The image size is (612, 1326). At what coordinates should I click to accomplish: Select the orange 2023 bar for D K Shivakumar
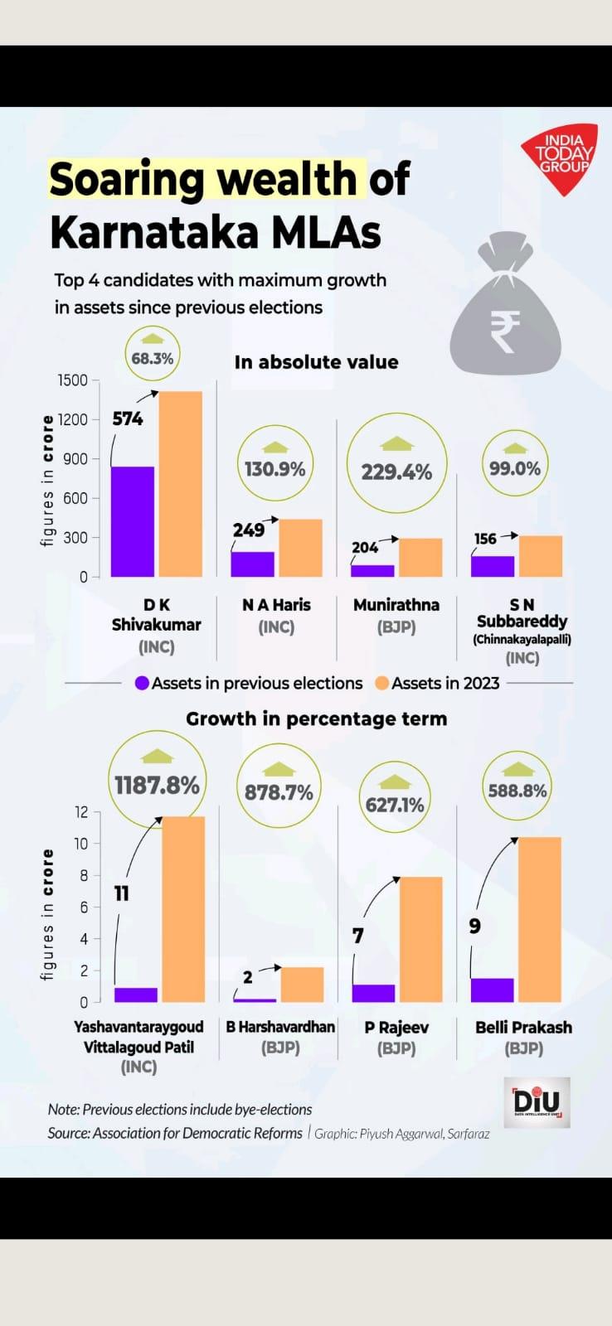point(181,484)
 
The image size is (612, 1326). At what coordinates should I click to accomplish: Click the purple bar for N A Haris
point(252,564)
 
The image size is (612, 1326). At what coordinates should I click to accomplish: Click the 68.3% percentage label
point(153,358)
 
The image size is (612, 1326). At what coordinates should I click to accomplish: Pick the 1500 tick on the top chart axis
point(72,380)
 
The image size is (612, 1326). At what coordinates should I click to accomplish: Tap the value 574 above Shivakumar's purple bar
point(128,419)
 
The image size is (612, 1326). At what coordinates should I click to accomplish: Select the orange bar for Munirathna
point(420,557)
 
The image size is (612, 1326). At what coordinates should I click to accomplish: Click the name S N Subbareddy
point(522,613)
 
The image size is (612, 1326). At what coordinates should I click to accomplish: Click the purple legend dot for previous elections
point(142,684)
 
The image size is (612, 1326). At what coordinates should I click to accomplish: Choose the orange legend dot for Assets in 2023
point(381,684)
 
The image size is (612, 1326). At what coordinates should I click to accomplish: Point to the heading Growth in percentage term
point(316,719)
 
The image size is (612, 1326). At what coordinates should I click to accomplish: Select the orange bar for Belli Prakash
point(540,920)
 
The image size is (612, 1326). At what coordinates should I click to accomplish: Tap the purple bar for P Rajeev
point(374,993)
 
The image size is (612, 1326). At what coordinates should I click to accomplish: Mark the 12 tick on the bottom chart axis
point(81,812)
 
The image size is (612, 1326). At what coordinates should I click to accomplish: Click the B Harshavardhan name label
point(280,1027)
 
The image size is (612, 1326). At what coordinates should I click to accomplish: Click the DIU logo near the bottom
point(537,1102)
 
